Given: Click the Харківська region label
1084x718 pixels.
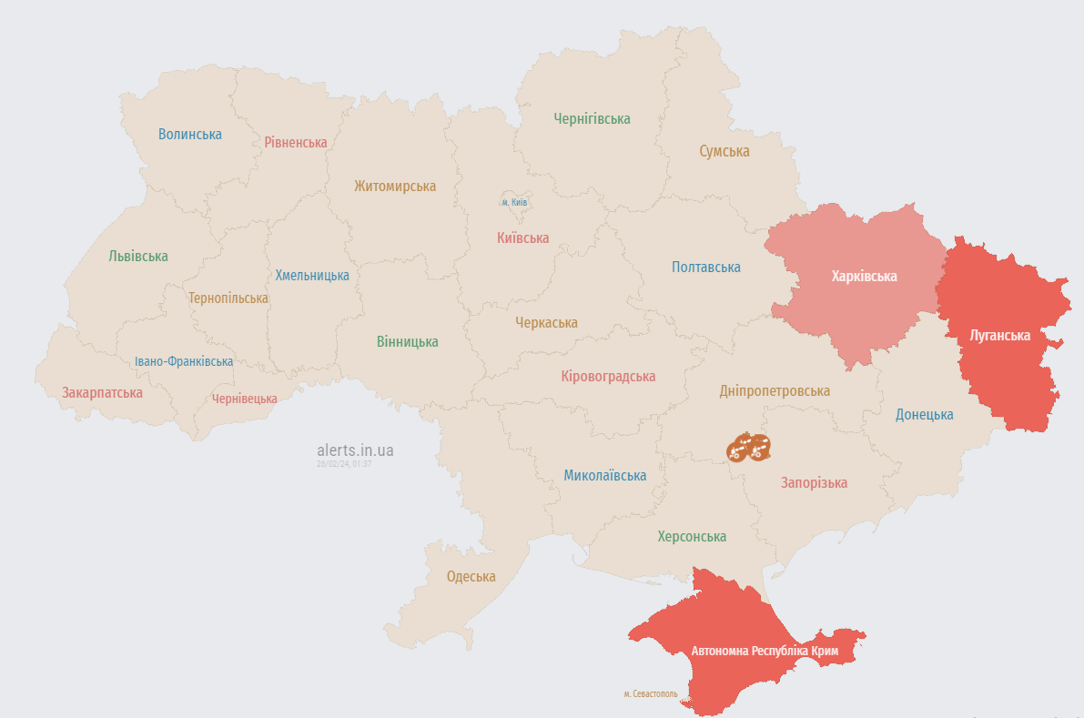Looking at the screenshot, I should pos(864,276).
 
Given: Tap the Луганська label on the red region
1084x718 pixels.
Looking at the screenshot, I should pos(999,335).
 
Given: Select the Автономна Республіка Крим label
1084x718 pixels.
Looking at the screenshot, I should pos(765,651).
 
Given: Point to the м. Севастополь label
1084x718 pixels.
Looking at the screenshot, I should pos(650,693).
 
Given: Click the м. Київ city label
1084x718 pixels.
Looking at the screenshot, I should pos(515,202).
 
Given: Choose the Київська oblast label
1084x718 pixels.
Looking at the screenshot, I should pos(522,238).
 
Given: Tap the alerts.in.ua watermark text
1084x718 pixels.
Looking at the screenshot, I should pos(355,450).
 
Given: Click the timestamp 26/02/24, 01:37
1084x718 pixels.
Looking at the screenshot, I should pos(343,464).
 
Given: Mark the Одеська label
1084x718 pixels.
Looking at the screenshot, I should pos(471,576).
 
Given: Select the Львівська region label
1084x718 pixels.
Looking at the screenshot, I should pos(138,256).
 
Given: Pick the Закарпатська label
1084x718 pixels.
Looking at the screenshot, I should pos(102,392).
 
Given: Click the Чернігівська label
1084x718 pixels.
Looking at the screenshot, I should pos(592,118).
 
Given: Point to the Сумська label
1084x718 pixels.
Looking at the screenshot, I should pos(724,151).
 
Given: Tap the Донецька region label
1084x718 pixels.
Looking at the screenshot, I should pos(924,414).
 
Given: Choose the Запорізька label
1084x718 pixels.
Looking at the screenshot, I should pos(814,482).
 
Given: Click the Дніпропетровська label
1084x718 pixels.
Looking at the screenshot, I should pos(774,390).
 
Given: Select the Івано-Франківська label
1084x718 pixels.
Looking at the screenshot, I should pos(184,361).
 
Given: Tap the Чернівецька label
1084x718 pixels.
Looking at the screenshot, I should pos(244,399).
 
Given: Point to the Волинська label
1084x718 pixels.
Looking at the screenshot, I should pos(189,134).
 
